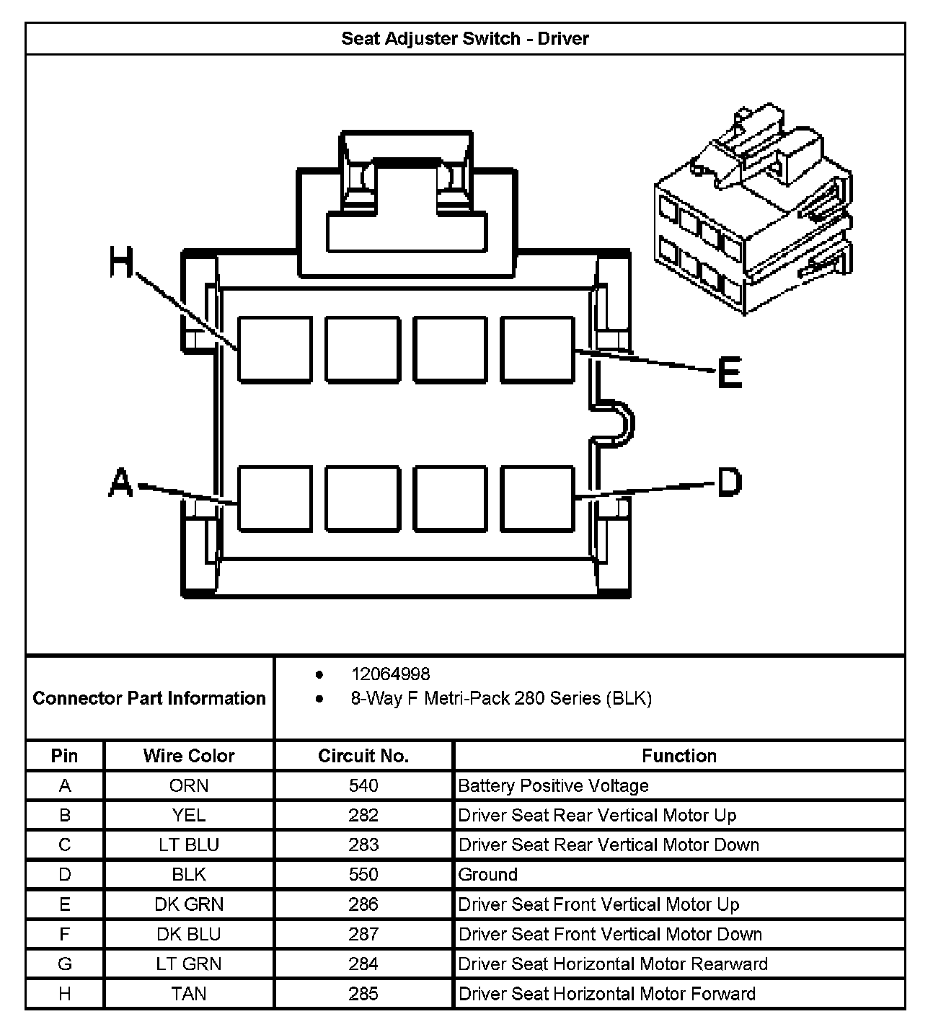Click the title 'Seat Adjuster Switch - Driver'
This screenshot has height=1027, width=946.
tap(465, 38)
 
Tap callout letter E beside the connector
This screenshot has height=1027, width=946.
tap(730, 374)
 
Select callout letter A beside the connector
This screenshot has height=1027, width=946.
tap(120, 482)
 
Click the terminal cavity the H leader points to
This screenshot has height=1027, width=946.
tap(275, 348)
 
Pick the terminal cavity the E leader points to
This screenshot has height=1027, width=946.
tap(538, 348)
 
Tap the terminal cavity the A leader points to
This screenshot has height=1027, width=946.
tap(275, 498)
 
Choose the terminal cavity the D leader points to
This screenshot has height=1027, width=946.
tap(538, 498)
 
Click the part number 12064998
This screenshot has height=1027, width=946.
tap(390, 674)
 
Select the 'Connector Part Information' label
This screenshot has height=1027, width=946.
tap(149, 698)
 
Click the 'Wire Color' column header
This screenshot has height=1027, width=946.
tap(189, 756)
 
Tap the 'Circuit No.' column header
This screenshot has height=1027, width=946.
tap(363, 756)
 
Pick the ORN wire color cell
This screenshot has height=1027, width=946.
tap(189, 785)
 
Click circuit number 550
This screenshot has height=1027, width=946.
tap(363, 875)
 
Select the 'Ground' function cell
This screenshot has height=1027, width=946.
tap(488, 875)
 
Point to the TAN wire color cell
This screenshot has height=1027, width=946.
tap(189, 994)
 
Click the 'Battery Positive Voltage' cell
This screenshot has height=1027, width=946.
tap(554, 785)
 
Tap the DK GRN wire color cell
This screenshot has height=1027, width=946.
tap(189, 904)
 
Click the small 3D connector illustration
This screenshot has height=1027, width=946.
tap(753, 213)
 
